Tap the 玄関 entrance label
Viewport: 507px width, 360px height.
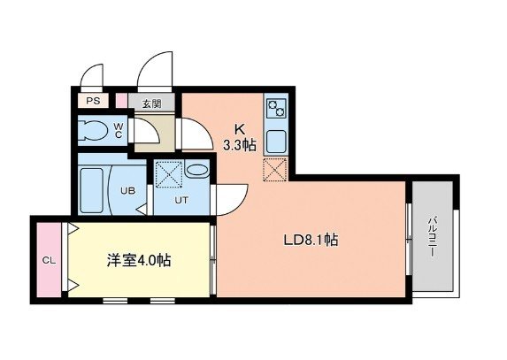150,103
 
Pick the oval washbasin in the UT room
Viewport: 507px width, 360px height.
197,170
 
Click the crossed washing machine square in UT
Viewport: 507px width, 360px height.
168,174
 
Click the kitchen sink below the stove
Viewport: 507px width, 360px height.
276,140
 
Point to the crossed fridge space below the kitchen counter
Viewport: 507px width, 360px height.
276,168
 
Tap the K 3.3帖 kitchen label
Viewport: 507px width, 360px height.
239,137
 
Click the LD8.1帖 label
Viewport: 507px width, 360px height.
312,239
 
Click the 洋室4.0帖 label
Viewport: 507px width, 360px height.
139,261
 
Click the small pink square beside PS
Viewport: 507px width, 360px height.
120,101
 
